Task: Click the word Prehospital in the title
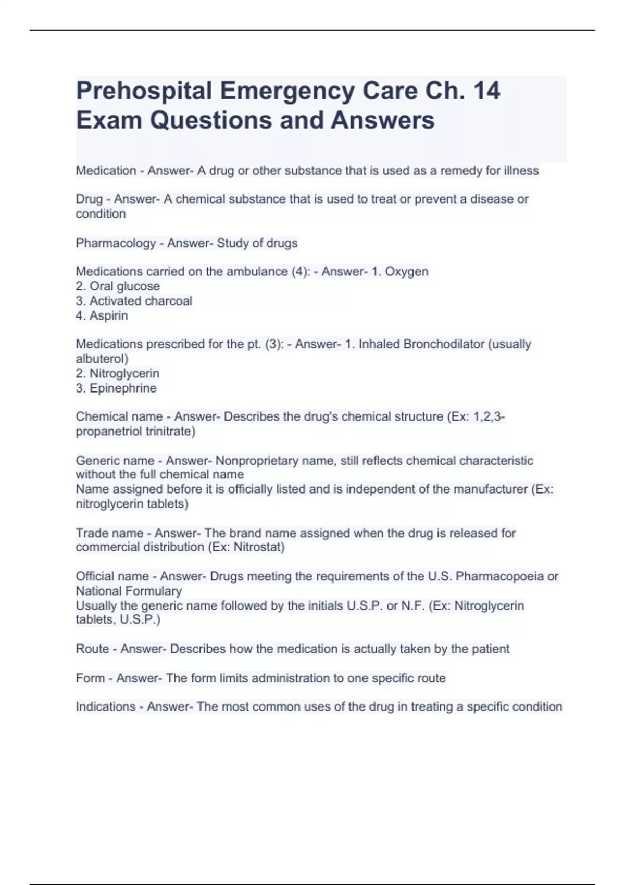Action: [144, 91]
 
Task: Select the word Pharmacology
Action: [116, 243]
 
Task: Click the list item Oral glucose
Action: [124, 286]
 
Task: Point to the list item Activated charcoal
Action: [141, 301]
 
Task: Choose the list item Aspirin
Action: [108, 315]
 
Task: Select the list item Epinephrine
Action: [123, 388]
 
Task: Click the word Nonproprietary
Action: [275, 461]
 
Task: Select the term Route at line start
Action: [92, 649]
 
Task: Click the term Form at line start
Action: [90, 678]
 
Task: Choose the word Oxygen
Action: [406, 272]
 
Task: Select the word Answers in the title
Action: [382, 120]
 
